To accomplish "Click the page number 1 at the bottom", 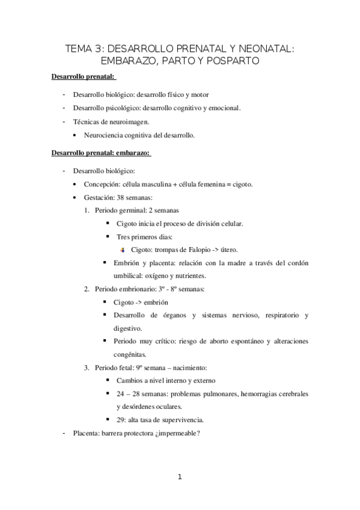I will pos(180,478).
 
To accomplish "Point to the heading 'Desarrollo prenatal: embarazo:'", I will pos(101,153).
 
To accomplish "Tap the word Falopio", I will pos(198,250).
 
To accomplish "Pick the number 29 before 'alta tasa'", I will pos(121,420).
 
